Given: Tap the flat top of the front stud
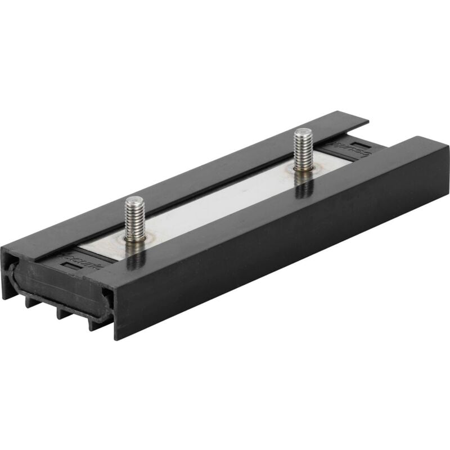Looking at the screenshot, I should tap(134, 200).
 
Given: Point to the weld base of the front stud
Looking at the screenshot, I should tap(136, 238).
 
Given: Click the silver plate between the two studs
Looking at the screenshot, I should tap(219, 202).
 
